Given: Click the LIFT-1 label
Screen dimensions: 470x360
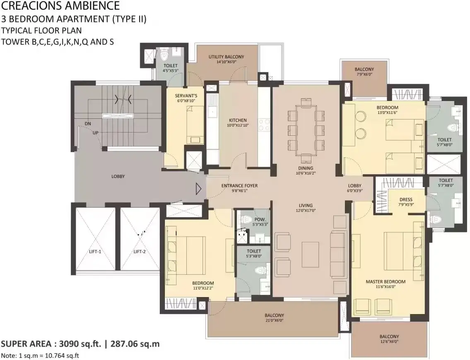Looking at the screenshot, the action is (x=95, y=252).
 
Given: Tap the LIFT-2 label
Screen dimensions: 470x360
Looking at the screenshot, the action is (x=140, y=252).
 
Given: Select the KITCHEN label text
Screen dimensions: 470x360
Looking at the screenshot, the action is (x=238, y=120).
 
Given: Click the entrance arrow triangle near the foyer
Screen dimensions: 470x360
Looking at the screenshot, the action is (x=198, y=189).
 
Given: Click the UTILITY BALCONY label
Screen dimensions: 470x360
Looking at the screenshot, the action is (x=227, y=57).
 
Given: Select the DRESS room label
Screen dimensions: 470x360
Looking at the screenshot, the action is (x=406, y=199).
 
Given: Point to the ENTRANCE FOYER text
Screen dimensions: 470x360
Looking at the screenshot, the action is (x=239, y=186).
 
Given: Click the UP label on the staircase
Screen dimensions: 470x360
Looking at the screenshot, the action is (x=95, y=133).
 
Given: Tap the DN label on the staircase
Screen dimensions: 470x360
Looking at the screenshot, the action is (x=87, y=123).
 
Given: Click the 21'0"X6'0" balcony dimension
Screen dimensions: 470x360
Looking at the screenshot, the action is (x=274, y=320).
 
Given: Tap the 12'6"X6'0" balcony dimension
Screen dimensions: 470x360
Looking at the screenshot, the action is (x=389, y=341).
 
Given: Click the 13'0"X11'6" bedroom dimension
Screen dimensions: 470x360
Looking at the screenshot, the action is (x=387, y=113).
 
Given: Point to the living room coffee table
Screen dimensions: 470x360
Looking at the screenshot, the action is (x=310, y=254).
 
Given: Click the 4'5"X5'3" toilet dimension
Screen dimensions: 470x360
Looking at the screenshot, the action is (x=171, y=71).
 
